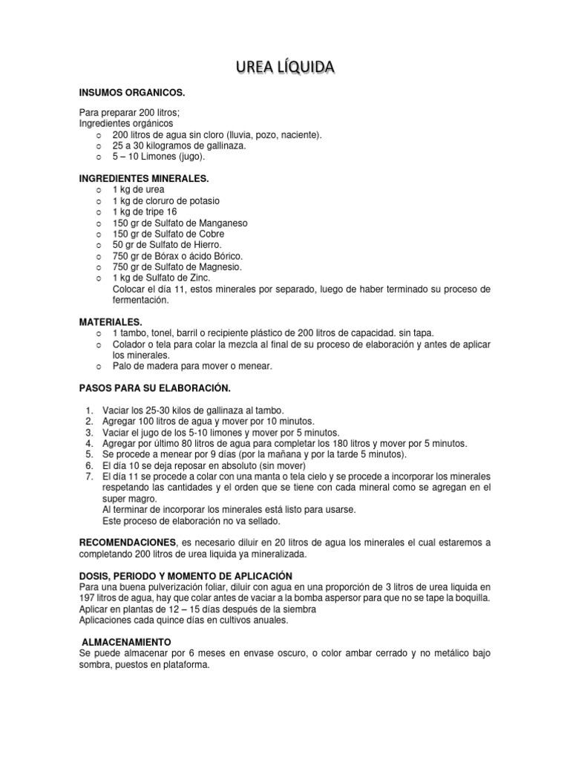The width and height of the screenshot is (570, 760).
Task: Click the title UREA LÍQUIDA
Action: coord(285,68)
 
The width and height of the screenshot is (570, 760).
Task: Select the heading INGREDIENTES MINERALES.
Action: coord(144,179)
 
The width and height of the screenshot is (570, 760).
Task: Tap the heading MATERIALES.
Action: coord(111,322)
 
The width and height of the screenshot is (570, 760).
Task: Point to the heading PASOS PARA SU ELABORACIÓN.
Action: coord(155,388)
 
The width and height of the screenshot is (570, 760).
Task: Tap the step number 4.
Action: coord(88,444)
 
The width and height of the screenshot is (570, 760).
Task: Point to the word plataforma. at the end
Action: coord(183,665)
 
